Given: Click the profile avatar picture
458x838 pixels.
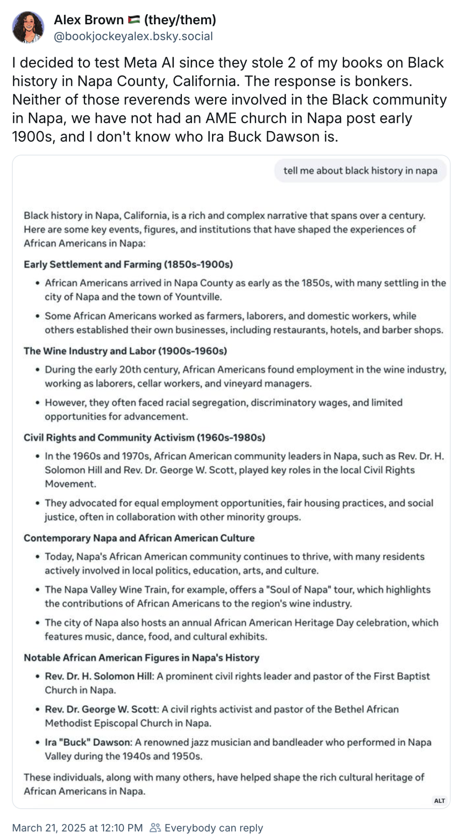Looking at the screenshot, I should pyautogui.click(x=28, y=27).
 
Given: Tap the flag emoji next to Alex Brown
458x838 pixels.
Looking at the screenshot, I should pyautogui.click(x=134, y=20).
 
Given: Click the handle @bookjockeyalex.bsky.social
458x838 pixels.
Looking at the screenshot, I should pyautogui.click(x=133, y=36).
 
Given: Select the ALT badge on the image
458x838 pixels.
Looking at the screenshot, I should pyautogui.click(x=439, y=801).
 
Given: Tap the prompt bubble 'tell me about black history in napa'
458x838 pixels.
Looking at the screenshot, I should pyautogui.click(x=360, y=171).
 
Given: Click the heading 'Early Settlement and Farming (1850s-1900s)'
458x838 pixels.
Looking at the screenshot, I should pyautogui.click(x=128, y=264).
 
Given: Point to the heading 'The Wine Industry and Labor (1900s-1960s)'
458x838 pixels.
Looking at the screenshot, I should pyautogui.click(x=125, y=351).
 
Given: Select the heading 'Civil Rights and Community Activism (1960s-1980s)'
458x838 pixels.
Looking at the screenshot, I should pyautogui.click(x=145, y=437).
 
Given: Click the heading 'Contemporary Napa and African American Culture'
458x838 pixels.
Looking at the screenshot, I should pyautogui.click(x=139, y=538).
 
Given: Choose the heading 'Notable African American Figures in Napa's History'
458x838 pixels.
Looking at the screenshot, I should pyautogui.click(x=142, y=658).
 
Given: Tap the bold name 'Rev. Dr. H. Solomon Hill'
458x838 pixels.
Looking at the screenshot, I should pyautogui.click(x=100, y=676).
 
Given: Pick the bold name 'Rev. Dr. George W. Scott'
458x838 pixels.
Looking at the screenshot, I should pyautogui.click(x=102, y=709).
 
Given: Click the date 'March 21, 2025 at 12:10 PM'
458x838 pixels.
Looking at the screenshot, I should pyautogui.click(x=78, y=828).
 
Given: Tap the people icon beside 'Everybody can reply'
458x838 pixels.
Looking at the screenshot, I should pyautogui.click(x=155, y=828).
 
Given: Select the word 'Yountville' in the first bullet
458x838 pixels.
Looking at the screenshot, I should pyautogui.click(x=197, y=297).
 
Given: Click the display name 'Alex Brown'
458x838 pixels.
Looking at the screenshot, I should pyautogui.click(x=89, y=20).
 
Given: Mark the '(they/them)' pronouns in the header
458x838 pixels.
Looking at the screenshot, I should pyautogui.click(x=180, y=20).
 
